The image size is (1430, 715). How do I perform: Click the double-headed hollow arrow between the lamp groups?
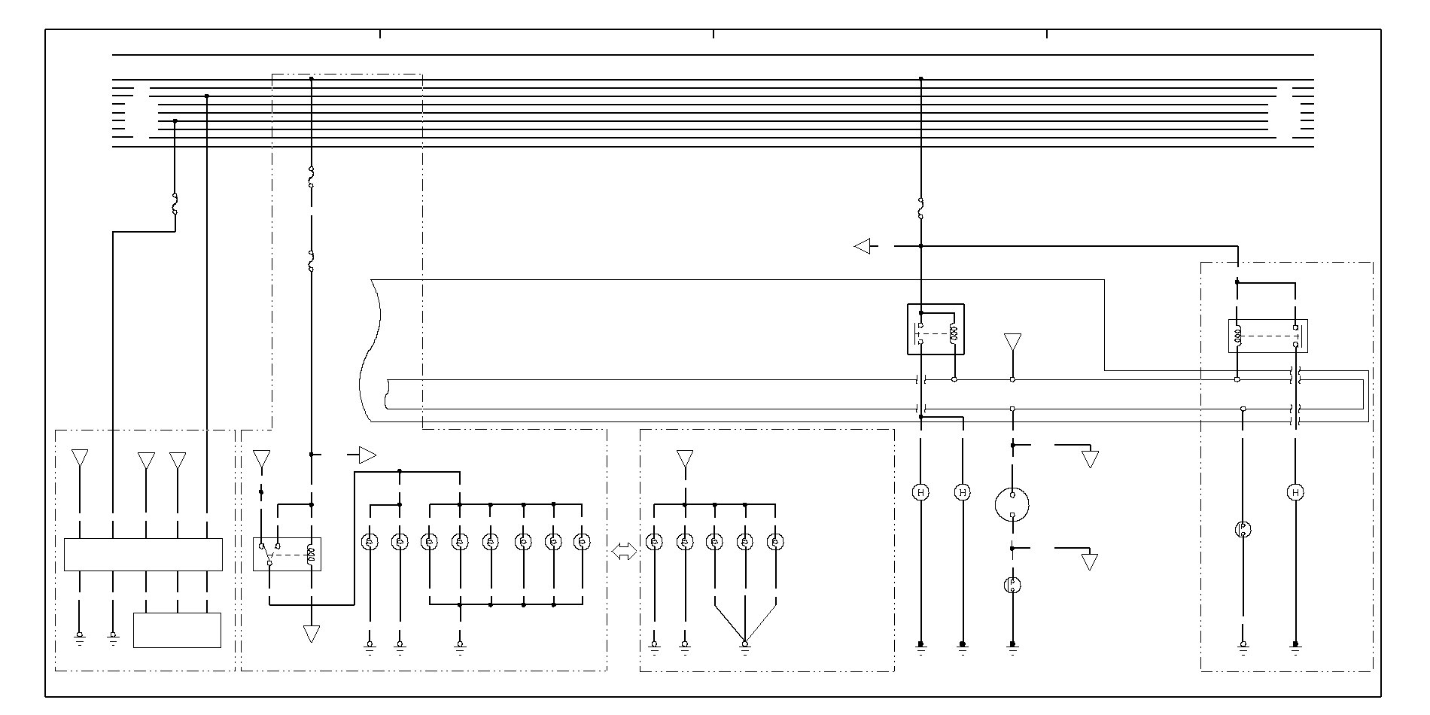624,552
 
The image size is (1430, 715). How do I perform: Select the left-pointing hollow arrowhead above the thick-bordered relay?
863,246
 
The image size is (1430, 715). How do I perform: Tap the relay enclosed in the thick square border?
936,329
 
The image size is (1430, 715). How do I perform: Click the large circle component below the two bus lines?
1012,505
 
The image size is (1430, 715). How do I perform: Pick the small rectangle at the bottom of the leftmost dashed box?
177,630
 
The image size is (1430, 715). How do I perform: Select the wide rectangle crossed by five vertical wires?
143,555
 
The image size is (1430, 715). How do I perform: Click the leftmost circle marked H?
920,492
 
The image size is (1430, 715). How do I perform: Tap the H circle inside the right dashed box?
1295,492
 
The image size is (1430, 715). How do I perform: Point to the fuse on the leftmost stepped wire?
175,203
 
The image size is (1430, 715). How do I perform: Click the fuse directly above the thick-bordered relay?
920,208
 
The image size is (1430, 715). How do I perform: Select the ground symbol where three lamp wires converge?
745,645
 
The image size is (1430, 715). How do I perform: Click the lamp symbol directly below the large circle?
1012,585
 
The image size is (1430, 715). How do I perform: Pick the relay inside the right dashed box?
1267,336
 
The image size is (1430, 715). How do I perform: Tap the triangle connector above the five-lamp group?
684,458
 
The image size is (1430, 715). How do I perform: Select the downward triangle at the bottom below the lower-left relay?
311,634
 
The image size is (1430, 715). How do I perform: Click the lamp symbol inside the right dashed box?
1243,529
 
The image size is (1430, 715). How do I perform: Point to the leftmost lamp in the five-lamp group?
655,541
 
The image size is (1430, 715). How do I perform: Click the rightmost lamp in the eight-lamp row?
582,541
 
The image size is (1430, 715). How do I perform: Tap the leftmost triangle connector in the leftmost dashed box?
79,458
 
